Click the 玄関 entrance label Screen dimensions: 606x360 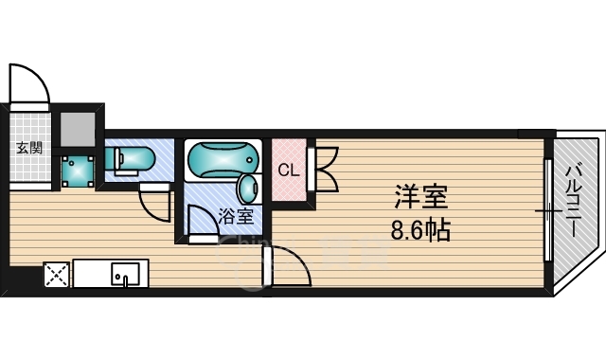[x=29, y=148]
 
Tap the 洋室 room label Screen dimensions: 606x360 [x=420, y=197]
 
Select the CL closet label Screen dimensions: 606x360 [x=289, y=170]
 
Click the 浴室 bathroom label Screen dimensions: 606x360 [x=236, y=216]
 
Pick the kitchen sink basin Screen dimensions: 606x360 [x=126, y=274]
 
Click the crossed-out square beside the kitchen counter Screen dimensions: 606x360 [x=57, y=275]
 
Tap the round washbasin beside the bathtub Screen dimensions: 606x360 [x=248, y=189]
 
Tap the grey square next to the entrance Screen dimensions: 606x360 [x=78, y=129]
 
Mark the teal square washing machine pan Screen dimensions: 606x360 [x=78, y=171]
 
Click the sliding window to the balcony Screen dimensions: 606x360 [x=548, y=210]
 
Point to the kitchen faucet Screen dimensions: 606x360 [x=124, y=279]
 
